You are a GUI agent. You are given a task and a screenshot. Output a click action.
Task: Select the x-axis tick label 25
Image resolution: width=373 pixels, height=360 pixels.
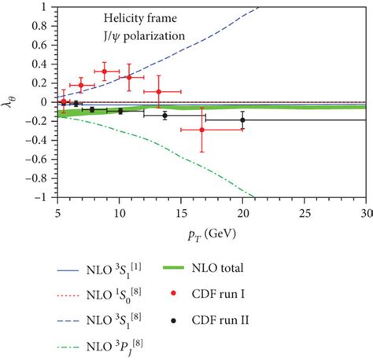pyautogui.click(x=305, y=212)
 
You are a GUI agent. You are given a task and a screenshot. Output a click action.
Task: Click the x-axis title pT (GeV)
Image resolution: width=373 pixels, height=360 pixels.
pyautogui.click(x=211, y=233)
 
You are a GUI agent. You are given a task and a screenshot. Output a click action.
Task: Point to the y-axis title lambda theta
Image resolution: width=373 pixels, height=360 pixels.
pyautogui.click(x=10, y=101)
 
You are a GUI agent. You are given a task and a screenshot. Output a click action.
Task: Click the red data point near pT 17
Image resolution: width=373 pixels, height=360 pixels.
pyautogui.click(x=202, y=129)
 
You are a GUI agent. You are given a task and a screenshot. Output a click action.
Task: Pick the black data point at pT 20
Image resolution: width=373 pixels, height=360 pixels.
pyautogui.click(x=242, y=120)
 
